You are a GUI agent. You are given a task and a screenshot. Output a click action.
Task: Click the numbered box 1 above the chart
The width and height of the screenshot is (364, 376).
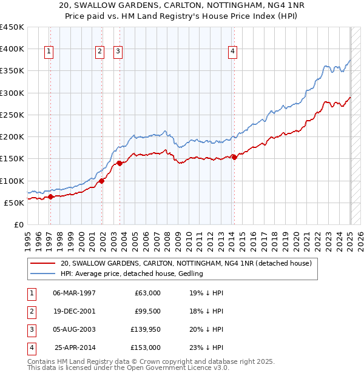[x=48, y=52]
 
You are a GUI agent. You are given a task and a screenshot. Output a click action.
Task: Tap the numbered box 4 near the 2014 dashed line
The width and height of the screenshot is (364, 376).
[x=232, y=52]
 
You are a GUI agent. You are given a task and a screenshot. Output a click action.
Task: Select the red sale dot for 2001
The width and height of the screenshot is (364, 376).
[x=102, y=181]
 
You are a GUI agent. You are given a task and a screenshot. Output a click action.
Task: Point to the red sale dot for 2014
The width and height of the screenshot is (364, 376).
[x=235, y=157]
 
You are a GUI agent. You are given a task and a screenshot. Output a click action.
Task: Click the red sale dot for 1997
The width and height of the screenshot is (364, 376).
[x=51, y=196]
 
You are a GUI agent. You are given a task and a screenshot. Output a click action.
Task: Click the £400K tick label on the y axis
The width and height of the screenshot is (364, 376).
[x=12, y=49]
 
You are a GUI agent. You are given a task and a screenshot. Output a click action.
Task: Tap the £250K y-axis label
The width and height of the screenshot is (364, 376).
[x=12, y=115]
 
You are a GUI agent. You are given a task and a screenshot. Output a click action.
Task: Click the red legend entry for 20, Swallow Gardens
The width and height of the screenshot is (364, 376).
[x=186, y=263]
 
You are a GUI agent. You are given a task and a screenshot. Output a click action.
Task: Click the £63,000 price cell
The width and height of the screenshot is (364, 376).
[x=147, y=293]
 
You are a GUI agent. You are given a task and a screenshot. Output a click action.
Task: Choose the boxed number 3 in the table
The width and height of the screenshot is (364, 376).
[x=31, y=329]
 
